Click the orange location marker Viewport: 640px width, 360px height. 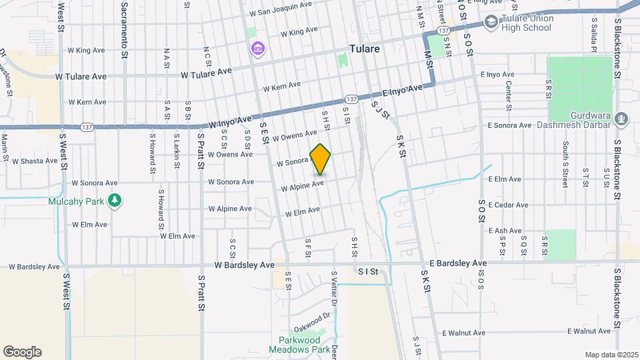point(321,159)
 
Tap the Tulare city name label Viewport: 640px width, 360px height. point(365,49)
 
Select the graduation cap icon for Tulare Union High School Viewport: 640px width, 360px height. point(491,22)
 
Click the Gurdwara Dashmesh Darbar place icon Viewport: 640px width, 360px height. point(622,119)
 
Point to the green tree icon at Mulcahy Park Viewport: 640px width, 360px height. point(115,201)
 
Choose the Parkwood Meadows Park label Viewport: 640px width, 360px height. point(299,344)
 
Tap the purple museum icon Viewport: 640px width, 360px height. point(257,49)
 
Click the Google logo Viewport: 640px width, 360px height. point(22,352)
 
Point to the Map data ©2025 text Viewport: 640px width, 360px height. point(611,355)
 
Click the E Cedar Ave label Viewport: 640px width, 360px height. point(509,205)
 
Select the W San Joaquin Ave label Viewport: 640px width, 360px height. point(281,13)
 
